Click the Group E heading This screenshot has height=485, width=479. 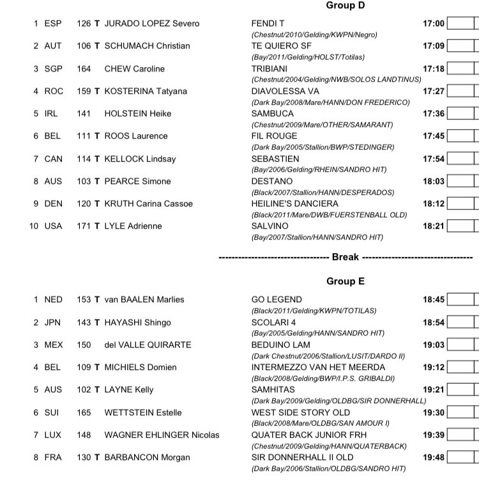pos(346,281)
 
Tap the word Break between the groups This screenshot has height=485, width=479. pos(346,258)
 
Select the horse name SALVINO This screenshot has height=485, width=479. pos(270,226)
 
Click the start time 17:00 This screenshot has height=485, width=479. pos(433,24)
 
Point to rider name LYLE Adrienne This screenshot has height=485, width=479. pos(133,226)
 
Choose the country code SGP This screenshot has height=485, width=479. pos(54,69)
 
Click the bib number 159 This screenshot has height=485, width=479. pos(83,91)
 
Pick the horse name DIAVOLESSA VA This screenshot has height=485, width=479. pos(285,91)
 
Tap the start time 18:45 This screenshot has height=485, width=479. pos(433,300)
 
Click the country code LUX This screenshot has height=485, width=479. pos(54,435)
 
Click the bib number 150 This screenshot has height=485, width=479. pos(83,345)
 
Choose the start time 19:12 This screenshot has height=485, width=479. pos(433,367)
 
